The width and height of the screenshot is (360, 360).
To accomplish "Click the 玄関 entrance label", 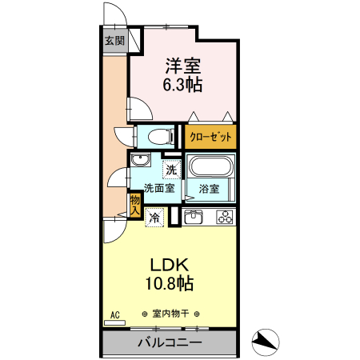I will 114,40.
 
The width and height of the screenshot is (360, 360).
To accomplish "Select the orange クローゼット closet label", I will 211,137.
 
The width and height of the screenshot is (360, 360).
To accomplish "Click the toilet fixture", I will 156,135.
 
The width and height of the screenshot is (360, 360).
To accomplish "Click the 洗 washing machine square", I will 171,169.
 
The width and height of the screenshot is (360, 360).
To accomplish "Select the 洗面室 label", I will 160,189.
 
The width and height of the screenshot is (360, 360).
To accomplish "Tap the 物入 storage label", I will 135,205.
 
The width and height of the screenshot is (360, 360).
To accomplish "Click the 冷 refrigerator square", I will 154,217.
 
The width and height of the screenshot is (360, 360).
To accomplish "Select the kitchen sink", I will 194,217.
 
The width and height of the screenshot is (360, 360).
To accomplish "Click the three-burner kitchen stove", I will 224,217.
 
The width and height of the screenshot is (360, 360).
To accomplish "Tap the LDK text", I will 170,265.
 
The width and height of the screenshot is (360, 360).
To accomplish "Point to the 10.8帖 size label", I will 170,283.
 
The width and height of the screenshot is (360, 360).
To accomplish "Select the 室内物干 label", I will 170,314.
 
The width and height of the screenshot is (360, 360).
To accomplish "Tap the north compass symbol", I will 265,342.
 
